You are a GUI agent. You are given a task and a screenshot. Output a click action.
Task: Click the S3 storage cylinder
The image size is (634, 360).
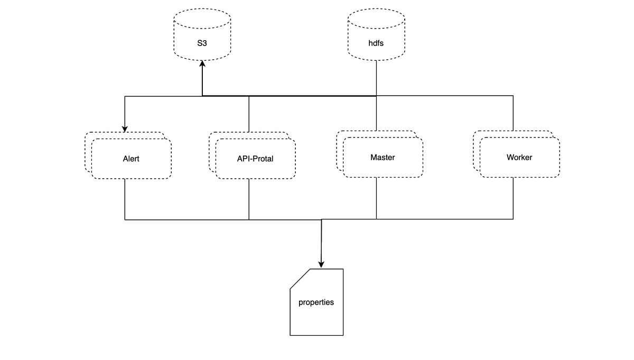click(202, 34)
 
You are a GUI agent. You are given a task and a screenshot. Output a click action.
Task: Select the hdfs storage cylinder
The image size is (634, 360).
click(376, 34)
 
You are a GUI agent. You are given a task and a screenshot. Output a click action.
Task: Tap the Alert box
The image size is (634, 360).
click(131, 158)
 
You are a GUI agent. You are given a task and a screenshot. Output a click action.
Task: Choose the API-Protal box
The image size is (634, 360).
click(255, 158)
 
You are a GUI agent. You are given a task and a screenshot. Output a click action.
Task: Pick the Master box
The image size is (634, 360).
click(383, 157)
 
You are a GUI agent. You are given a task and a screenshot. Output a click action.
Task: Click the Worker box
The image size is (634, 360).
click(519, 157)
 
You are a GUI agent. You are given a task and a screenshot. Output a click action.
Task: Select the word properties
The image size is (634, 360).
click(316, 302)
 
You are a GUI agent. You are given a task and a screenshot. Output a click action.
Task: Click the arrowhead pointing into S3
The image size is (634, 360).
click(202, 64)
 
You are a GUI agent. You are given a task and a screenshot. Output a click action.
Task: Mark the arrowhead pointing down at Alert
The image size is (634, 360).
click(125, 128)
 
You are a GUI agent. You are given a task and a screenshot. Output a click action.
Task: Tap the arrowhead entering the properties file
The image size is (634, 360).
click(321, 264)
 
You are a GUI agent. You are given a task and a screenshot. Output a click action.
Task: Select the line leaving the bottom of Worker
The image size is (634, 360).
click(513, 198)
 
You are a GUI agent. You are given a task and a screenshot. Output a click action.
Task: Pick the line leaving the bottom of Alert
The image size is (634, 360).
click(125, 199)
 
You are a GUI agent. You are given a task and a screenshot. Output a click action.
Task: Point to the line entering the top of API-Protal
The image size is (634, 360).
click(249, 114)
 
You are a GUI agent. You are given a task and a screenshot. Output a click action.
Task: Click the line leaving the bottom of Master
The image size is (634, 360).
click(376, 198)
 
